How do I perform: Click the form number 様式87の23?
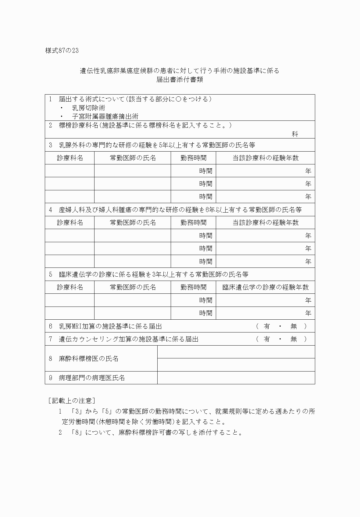(62, 51)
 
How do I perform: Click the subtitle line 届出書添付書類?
(180, 80)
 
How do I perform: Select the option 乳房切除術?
(89, 108)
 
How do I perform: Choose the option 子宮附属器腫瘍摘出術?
(105, 117)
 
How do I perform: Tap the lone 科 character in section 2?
(295, 134)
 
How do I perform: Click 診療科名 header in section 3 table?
(70, 158)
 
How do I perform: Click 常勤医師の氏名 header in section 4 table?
(133, 223)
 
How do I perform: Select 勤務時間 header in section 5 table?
(193, 287)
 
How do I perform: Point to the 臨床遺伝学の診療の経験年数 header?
(265, 287)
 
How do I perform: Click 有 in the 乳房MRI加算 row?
(267, 326)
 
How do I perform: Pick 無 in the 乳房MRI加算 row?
(294, 326)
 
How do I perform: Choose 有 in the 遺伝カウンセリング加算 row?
(267, 339)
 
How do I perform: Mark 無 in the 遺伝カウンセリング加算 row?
(294, 339)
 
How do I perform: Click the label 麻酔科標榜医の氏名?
(88, 359)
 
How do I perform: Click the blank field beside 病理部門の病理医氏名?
(236, 378)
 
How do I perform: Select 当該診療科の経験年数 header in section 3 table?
(265, 158)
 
